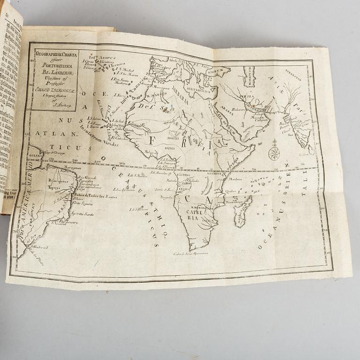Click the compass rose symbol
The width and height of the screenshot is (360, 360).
point(274,153)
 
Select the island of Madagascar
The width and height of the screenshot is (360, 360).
point(243,211)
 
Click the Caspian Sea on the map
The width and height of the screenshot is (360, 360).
point(249,76)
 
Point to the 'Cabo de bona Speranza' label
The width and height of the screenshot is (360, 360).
point(190,254)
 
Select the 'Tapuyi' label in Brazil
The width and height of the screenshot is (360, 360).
point(53,185)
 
